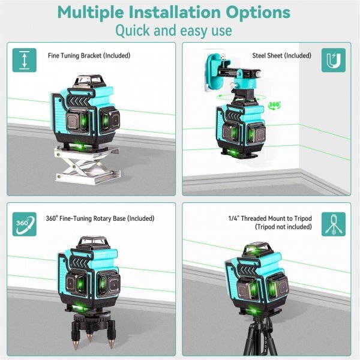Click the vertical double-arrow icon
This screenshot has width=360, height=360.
click(x=25, y=60)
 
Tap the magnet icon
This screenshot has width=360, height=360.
click(x=334, y=60)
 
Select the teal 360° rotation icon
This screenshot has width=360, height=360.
click(x=25, y=224)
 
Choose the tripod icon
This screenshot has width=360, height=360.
click(x=334, y=224)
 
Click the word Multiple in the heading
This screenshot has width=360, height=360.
click(x=91, y=13)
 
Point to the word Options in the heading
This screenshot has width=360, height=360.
click(x=258, y=13)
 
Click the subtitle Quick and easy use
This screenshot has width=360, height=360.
click(x=173, y=31)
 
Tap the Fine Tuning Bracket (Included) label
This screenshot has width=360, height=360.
click(x=89, y=56)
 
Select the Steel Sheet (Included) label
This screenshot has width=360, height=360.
click(x=282, y=56)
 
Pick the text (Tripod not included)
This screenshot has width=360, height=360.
click(x=283, y=227)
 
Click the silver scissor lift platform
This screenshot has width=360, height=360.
click(x=87, y=165)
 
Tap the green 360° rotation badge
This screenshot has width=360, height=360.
click(x=274, y=105)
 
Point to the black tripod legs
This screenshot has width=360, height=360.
click(x=260, y=337)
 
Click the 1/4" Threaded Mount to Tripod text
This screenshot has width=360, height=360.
click(x=270, y=218)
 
